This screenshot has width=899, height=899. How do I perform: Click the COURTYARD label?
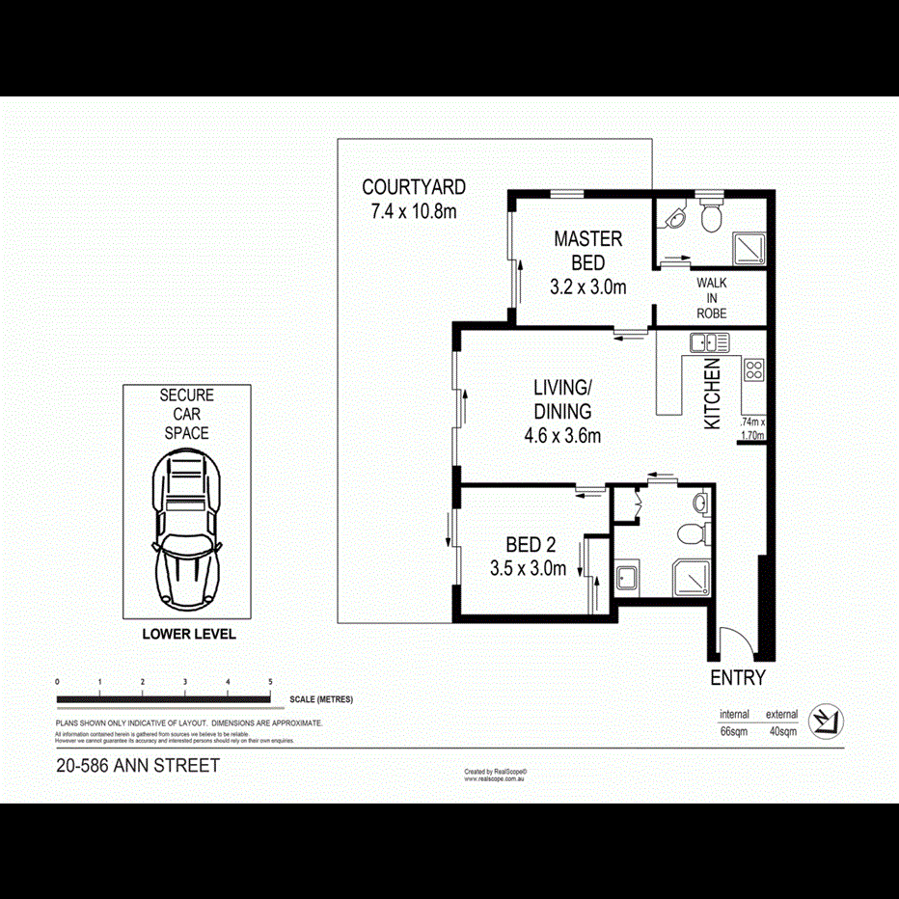[413, 187]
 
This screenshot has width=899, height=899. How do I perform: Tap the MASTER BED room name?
[587, 250]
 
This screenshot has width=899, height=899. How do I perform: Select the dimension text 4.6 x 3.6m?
[562, 435]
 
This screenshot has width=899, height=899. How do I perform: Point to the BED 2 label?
[530, 544]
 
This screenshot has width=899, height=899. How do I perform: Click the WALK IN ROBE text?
[711, 298]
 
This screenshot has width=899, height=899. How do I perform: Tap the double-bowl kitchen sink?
[709, 341]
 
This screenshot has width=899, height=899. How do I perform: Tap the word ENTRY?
[738, 678]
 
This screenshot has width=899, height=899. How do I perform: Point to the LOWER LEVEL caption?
[188, 635]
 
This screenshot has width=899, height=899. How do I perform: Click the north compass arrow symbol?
[826, 720]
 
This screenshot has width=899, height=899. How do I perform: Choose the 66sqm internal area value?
[734, 731]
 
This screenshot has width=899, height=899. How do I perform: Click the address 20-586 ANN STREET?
[138, 766]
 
